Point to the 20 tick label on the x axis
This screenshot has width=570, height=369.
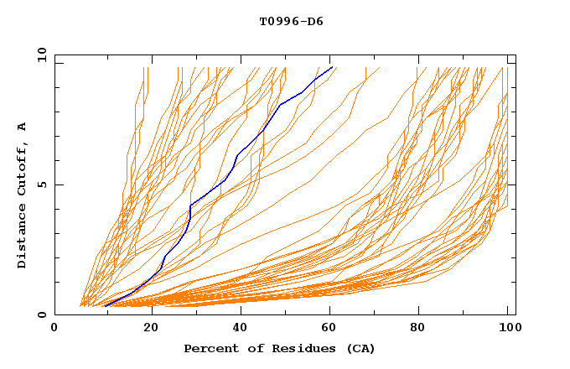click(x=151, y=329)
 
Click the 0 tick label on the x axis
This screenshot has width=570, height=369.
click(x=55, y=329)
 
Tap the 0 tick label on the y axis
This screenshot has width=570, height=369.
click(x=42, y=315)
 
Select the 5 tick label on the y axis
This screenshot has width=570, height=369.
click(x=42, y=184)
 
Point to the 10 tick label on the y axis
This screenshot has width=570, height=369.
click(x=39, y=55)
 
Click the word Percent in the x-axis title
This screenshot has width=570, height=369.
click(x=209, y=348)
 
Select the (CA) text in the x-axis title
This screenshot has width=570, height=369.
click(x=360, y=348)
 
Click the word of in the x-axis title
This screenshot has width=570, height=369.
click(x=254, y=348)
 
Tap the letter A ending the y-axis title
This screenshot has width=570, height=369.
click(x=23, y=126)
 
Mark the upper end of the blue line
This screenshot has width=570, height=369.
click(x=333, y=67)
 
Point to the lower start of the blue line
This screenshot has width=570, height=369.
click(x=105, y=306)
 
